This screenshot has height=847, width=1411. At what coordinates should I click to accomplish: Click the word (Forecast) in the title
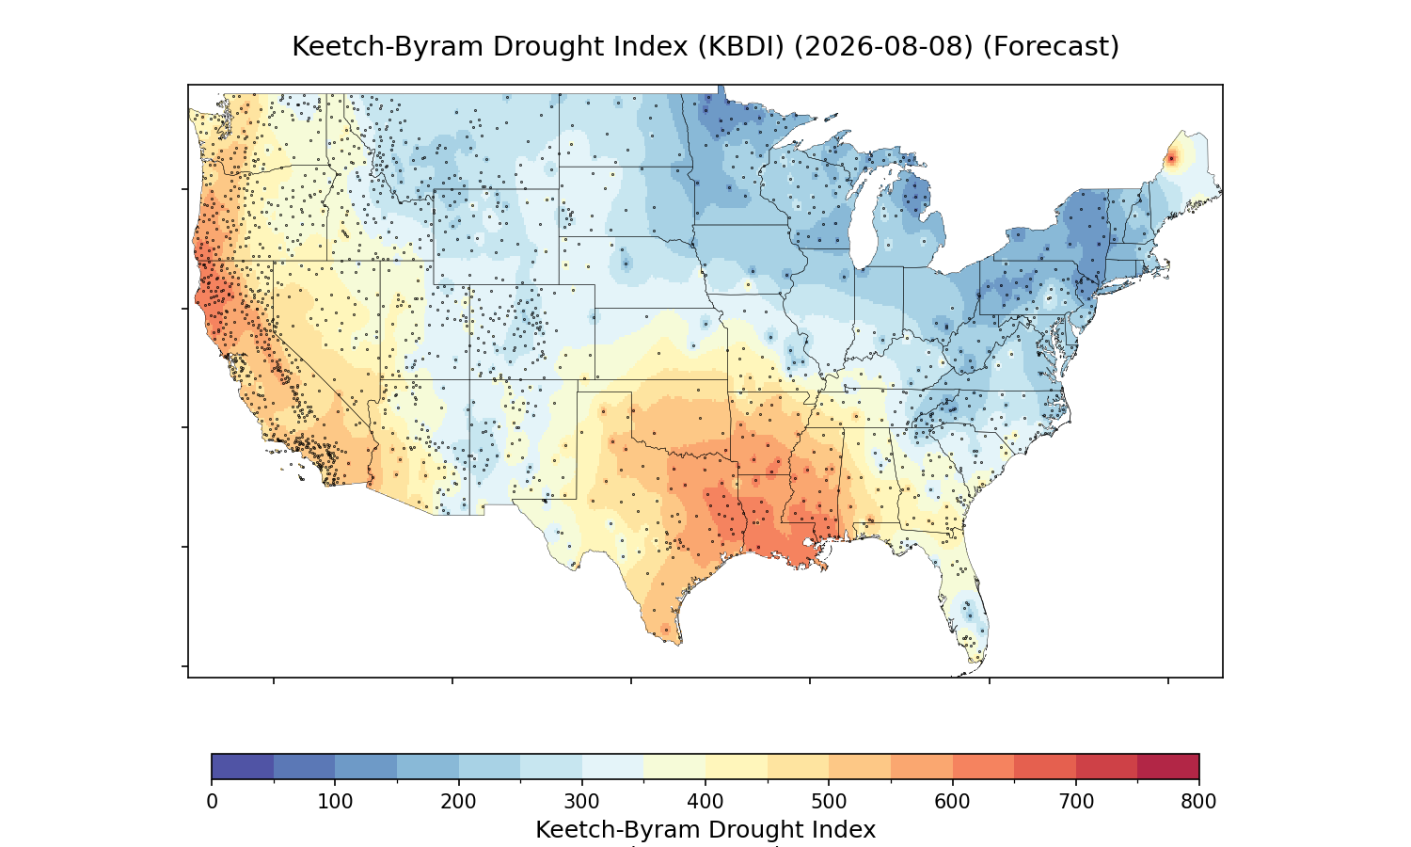pos(1051,47)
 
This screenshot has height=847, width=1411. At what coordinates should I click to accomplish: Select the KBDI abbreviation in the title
pos(741,47)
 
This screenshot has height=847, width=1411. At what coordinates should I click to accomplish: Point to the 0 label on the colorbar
pos(213,802)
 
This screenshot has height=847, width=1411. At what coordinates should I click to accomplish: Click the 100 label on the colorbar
pos(335,802)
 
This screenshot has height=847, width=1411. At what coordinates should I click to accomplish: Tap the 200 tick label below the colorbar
pos(459,802)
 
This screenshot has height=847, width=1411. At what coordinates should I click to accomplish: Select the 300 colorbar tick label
pos(582,802)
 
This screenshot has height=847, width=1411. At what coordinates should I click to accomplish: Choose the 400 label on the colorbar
pos(705,802)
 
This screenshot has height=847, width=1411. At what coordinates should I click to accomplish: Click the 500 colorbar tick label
pos(829,802)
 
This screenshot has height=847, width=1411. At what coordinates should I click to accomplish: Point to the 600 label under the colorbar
pos(952,802)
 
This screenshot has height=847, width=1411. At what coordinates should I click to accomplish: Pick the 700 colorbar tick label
pos(1076,802)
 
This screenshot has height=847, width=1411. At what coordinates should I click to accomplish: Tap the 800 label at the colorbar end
pos(1198,802)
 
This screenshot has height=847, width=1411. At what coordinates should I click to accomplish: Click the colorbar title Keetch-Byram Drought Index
pos(705,830)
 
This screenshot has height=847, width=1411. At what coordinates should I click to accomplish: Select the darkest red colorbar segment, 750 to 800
pos(1168,766)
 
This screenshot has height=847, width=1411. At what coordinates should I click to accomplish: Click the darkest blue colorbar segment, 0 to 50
pos(243,766)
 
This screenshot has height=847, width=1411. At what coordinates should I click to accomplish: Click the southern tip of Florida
pos(974,663)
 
